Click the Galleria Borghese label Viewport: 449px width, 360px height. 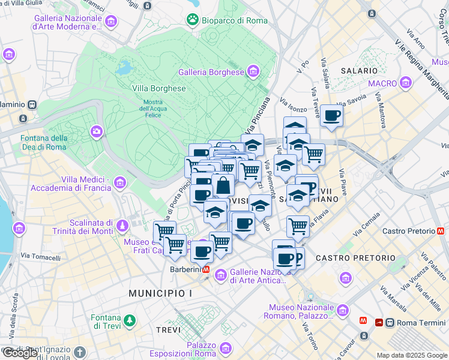click(x=211, y=73)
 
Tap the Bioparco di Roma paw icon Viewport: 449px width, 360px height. click(x=193, y=20)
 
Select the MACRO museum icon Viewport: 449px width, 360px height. click(x=406, y=82)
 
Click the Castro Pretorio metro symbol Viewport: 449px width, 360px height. click(x=441, y=230)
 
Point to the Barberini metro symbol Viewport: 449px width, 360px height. click(x=206, y=270)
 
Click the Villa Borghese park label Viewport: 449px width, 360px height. click(x=159, y=88)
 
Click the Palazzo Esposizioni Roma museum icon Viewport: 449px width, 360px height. click(x=226, y=348)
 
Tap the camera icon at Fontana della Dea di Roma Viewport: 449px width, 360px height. click(x=96, y=131)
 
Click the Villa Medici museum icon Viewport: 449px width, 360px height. click(x=120, y=182)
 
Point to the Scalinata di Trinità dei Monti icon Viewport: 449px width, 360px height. click(x=122, y=226)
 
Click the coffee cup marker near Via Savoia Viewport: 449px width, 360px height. click(x=331, y=116)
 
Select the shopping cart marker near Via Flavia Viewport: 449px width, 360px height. click(x=298, y=226)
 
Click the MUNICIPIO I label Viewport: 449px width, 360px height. click(x=160, y=293)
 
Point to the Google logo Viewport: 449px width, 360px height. click(x=20, y=353)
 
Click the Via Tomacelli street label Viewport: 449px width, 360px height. click(x=41, y=258)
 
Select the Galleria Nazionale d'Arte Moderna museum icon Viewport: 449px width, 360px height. click(x=110, y=22)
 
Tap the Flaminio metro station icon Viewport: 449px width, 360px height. click(x=31, y=104)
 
